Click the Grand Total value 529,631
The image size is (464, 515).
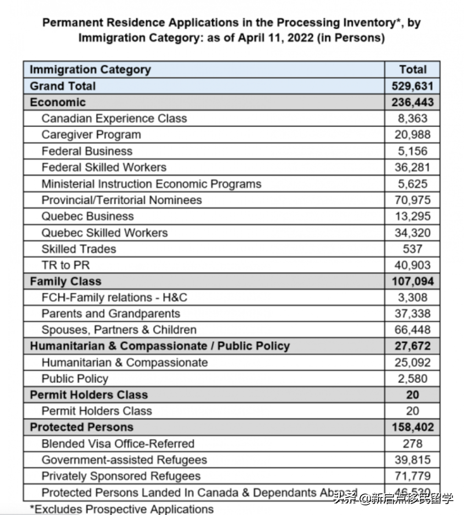tap(412, 86)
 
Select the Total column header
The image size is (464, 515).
tap(413, 69)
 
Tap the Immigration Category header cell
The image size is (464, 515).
tap(90, 69)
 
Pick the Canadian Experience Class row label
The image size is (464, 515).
tap(114, 118)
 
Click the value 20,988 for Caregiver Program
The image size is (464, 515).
tap(412, 135)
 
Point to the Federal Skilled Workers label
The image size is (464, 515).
tap(104, 167)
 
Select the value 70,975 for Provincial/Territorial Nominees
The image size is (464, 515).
tap(412, 200)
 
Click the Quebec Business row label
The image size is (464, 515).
tap(87, 216)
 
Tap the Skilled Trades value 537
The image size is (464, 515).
tap(412, 249)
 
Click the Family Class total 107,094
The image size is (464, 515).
tap(412, 281)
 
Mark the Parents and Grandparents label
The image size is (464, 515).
tap(110, 314)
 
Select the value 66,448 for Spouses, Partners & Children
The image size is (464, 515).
tap(412, 330)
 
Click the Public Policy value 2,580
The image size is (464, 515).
tap(412, 379)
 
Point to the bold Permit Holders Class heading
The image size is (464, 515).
tap(89, 395)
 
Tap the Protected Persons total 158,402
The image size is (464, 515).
tap(412, 427)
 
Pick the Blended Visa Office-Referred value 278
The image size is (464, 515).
tap(412, 444)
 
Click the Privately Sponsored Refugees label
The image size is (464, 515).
tap(121, 476)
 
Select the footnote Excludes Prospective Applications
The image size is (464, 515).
tap(122, 509)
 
